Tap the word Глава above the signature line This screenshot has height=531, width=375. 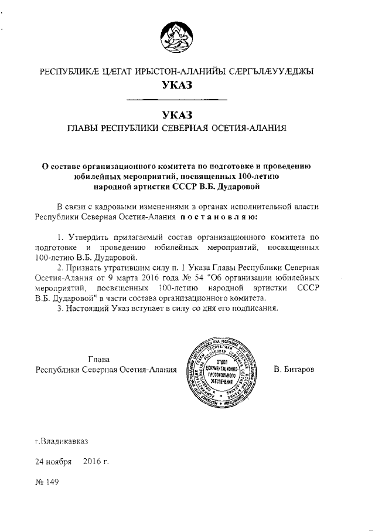pos(98,359)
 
